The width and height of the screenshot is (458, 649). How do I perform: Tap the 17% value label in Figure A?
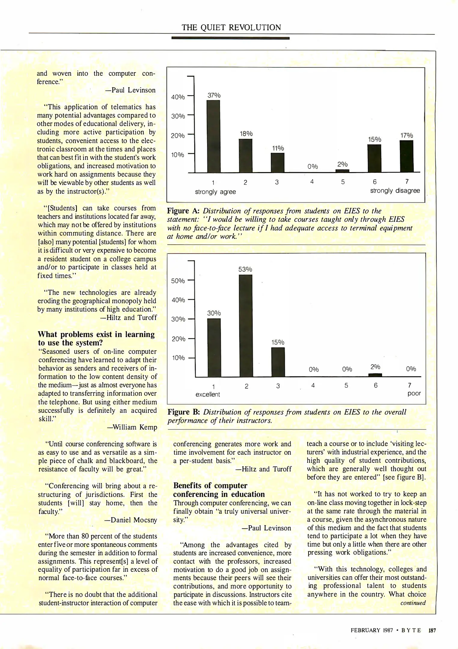tap(407, 136)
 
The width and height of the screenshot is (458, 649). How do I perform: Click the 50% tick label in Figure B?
tap(178, 281)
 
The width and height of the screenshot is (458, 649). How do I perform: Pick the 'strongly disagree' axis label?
tap(395, 191)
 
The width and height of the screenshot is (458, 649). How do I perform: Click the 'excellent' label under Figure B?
tap(208, 395)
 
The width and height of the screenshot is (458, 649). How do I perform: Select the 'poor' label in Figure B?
tap(414, 394)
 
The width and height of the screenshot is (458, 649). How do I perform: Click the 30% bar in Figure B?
tap(214, 347)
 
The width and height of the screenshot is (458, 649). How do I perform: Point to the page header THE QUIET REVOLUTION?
tap(231, 28)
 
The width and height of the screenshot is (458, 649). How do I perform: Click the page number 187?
tap(432, 630)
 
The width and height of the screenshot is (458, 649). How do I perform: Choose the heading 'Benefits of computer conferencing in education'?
tap(219, 490)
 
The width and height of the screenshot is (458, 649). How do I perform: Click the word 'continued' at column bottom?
tap(413, 603)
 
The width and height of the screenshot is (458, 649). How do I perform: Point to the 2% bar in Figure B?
tap(375, 375)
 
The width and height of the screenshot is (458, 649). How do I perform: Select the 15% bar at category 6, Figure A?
tap(374, 158)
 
